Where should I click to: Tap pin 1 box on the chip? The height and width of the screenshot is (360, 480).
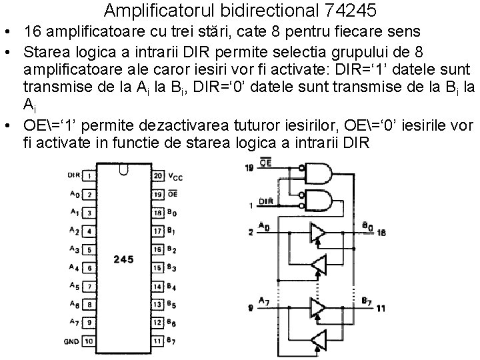click(89, 176)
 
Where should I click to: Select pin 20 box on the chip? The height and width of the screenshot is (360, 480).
click(157, 176)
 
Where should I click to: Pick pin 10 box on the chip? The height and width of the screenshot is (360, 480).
click(89, 341)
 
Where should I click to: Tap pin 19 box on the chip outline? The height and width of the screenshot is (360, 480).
click(157, 194)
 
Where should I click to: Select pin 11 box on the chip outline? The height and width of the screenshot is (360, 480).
click(157, 341)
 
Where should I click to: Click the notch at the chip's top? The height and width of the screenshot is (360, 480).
click(123, 171)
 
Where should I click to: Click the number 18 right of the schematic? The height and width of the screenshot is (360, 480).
click(381, 232)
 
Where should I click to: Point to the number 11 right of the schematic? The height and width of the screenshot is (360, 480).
click(380, 309)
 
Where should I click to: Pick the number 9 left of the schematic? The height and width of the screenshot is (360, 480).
click(250, 308)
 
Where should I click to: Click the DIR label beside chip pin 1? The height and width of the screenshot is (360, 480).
click(73, 175)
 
